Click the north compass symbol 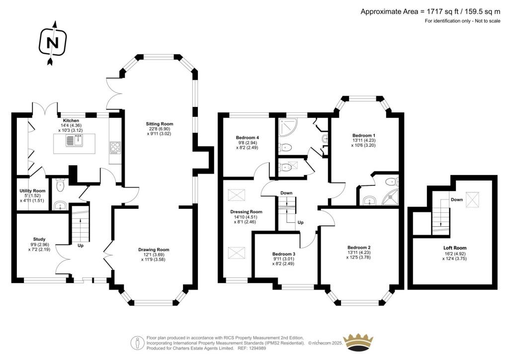click(53, 43)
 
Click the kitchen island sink click(75, 141)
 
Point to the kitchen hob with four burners click(115, 147)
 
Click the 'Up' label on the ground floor click(81, 246)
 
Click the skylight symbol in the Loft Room click(473, 199)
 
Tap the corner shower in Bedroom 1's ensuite click(390, 197)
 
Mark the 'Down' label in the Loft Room click(456, 199)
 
